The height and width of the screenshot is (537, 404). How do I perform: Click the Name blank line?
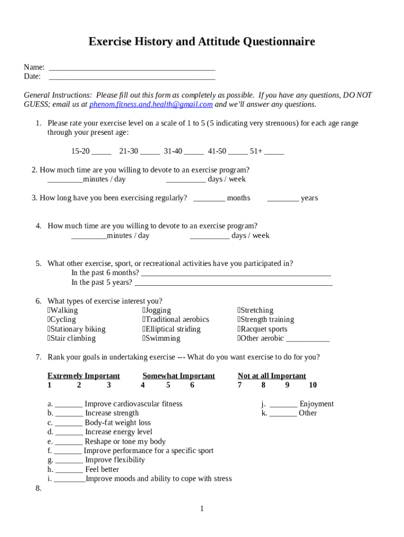132,68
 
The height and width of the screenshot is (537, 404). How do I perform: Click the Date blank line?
132,77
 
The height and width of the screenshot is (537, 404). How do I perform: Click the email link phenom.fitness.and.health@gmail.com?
151,104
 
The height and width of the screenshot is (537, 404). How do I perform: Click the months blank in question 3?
209,199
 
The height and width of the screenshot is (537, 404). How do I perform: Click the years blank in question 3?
283,199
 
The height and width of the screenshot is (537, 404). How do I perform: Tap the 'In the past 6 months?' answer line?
236,273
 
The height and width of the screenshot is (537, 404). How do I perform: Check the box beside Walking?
49,310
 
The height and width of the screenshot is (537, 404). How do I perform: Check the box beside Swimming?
144,339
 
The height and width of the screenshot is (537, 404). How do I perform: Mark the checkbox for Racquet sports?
239,329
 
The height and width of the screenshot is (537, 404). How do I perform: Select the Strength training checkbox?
239,320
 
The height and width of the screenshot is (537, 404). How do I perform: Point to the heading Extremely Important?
83,376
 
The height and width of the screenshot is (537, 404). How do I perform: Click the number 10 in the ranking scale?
313,385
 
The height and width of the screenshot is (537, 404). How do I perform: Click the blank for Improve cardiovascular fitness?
69,405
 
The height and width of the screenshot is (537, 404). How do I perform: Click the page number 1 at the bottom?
201,509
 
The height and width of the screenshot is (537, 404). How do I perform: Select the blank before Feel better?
69,470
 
